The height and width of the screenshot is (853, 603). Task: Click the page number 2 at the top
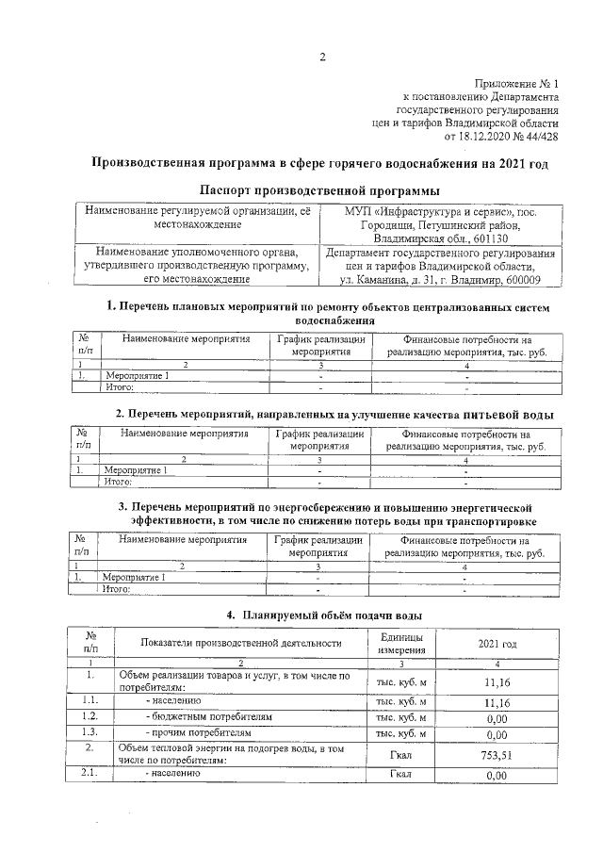click(321, 56)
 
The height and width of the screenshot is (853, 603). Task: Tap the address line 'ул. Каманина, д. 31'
click(397, 280)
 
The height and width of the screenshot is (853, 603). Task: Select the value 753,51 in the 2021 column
click(496, 754)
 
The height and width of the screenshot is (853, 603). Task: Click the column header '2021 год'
click(496, 644)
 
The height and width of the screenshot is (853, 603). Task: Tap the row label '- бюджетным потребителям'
click(208, 716)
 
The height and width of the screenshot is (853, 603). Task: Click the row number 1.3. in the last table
click(90, 731)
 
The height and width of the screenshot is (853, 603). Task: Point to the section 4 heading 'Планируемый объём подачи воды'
click(330, 615)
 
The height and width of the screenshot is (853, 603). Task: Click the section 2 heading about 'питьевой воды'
click(334, 415)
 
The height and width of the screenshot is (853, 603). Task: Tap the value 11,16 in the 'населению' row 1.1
click(496, 702)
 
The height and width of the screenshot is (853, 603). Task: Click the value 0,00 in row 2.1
click(496, 775)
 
